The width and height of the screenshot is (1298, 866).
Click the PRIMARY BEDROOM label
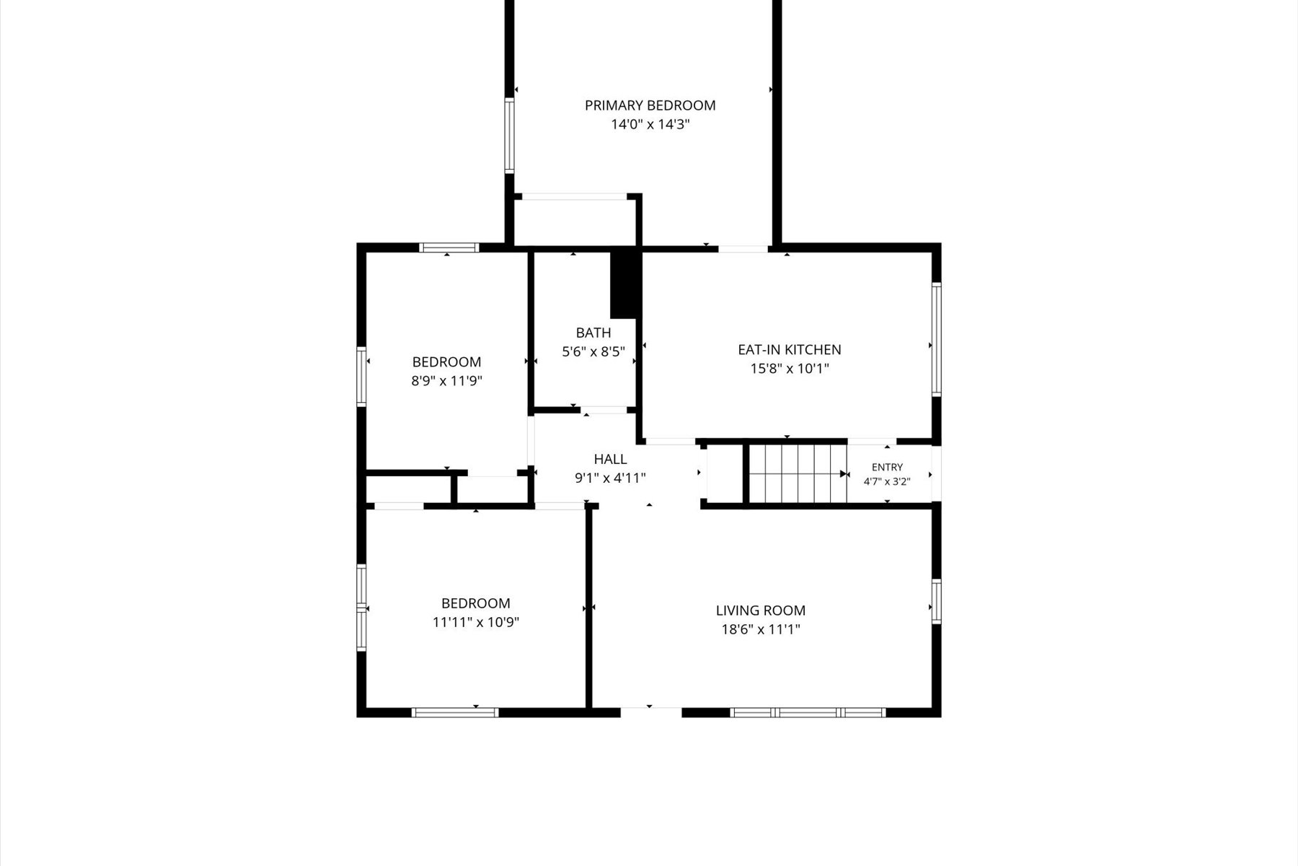pyautogui.click(x=650, y=105)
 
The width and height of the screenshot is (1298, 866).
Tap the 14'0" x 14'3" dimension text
pyautogui.click(x=650, y=124)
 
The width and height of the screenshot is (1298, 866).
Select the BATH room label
pyautogui.click(x=593, y=333)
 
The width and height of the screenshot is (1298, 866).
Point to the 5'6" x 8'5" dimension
pyautogui.click(x=593, y=351)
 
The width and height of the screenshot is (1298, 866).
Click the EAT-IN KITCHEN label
pyautogui.click(x=789, y=349)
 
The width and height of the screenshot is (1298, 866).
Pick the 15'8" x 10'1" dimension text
pyautogui.click(x=790, y=368)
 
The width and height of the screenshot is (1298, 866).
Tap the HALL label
pyautogui.click(x=610, y=459)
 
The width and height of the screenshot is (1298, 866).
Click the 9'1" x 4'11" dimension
pyautogui.click(x=610, y=478)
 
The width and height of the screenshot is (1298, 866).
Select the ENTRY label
pyautogui.click(x=887, y=467)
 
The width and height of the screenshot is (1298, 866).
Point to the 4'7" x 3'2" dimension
pyautogui.click(x=887, y=481)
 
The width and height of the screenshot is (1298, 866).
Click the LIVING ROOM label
pyautogui.click(x=761, y=611)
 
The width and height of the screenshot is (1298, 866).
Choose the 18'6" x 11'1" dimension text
pyautogui.click(x=761, y=629)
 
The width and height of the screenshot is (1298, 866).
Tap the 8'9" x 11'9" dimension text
pyautogui.click(x=446, y=380)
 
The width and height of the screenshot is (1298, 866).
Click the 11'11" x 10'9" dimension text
pyautogui.click(x=476, y=622)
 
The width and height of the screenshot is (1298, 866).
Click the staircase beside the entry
pyautogui.click(x=798, y=473)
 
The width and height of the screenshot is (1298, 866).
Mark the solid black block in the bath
pyautogui.click(x=625, y=284)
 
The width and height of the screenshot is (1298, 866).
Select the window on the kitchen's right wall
pyautogui.click(x=936, y=339)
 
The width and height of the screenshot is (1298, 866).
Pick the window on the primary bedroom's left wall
pyautogui.click(x=509, y=136)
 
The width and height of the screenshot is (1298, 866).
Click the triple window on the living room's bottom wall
pyautogui.click(x=808, y=712)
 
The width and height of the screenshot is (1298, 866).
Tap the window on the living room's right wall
pyautogui.click(x=936, y=601)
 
